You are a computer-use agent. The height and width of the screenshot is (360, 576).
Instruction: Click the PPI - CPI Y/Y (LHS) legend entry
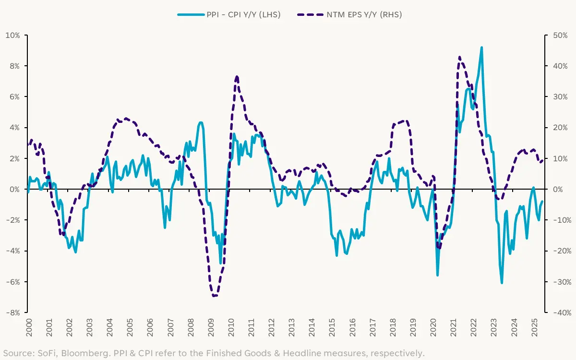229,14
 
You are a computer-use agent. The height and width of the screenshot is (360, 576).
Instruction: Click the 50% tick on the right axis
559,35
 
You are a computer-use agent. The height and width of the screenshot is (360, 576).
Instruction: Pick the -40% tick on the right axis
560,312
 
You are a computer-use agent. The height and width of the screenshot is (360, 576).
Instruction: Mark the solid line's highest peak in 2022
481,48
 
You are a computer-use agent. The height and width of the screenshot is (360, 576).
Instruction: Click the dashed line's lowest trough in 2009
214,296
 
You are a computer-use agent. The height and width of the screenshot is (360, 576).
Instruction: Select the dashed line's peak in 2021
459,57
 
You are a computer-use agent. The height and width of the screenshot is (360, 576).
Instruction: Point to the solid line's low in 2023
502,283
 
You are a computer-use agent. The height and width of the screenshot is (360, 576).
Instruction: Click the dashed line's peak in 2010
237,77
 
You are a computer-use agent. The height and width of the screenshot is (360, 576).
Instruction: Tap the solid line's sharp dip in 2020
437,275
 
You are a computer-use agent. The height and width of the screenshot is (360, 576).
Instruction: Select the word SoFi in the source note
45,354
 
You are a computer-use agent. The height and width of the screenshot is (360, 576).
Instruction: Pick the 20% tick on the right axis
559,128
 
